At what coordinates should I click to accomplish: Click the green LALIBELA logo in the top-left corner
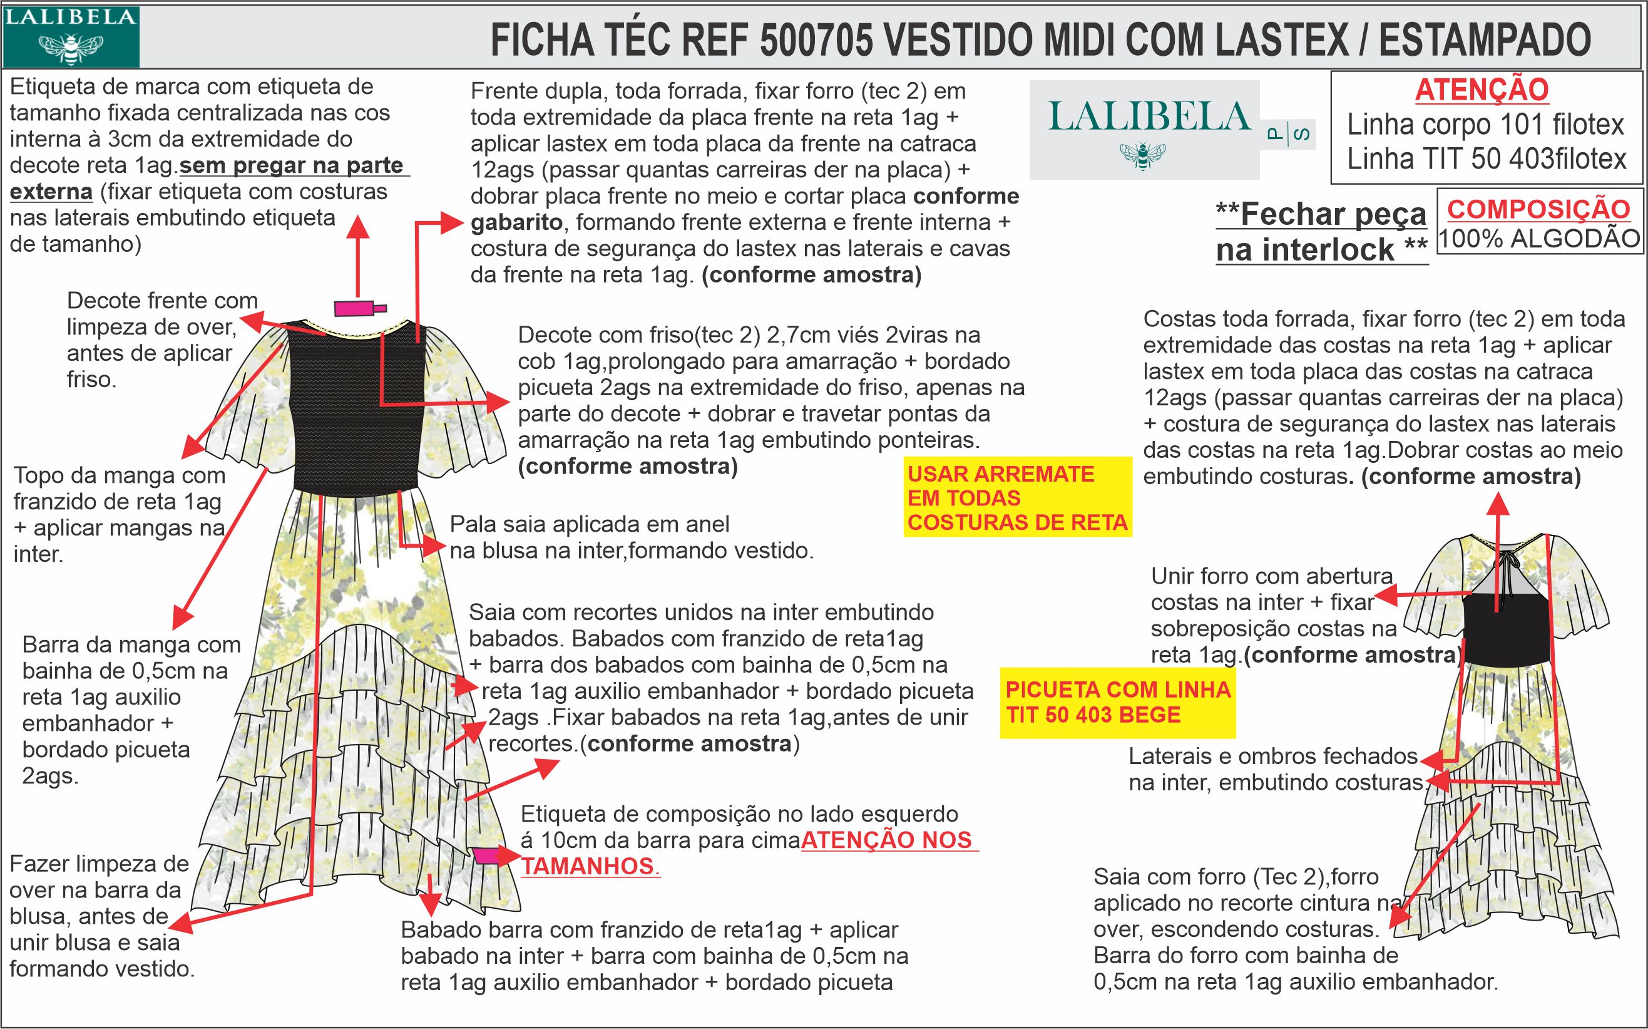(71, 36)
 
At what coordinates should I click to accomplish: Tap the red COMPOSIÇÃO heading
(1538, 209)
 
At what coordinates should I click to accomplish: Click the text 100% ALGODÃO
(1539, 239)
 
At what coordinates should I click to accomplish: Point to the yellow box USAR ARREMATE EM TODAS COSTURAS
(1017, 498)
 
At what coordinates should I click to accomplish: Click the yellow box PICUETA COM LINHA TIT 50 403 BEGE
(1117, 702)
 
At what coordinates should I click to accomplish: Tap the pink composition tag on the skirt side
(486, 856)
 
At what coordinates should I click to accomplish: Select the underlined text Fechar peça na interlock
(1321, 232)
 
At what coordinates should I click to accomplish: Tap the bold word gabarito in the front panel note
(516, 222)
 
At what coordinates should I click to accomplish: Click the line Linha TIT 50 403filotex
(1487, 158)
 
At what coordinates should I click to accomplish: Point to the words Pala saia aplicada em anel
(589, 524)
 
